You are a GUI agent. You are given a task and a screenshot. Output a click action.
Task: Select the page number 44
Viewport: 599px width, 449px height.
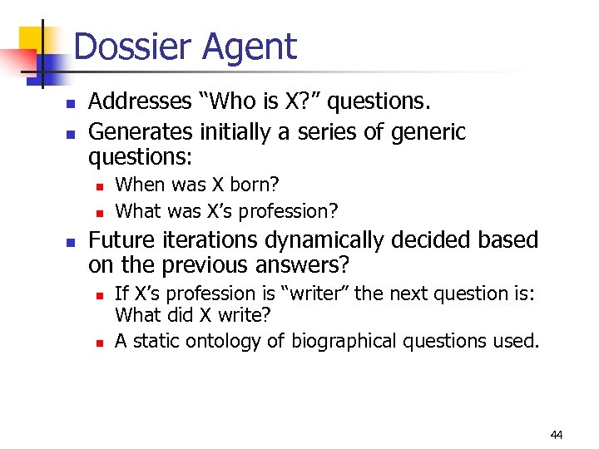tap(557, 434)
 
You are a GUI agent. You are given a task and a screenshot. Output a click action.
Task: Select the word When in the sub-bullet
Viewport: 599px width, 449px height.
tap(137, 183)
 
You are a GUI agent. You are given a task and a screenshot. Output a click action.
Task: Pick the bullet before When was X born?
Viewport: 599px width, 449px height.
tap(98, 185)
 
